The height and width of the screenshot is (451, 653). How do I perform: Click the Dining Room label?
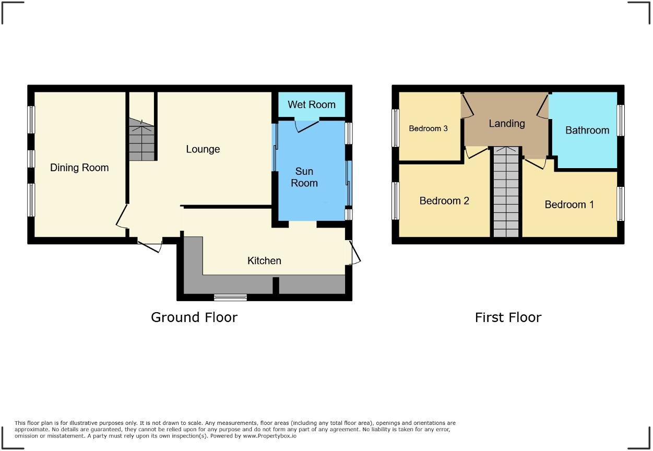[x=79, y=168]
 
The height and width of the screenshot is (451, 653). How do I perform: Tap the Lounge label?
[x=203, y=149]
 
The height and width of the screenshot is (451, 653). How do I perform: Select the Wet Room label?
[x=311, y=104]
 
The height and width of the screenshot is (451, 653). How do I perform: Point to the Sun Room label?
[x=304, y=177]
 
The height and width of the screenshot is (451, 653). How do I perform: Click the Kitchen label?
[x=264, y=260]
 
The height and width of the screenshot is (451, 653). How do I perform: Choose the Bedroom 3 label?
[x=428, y=128]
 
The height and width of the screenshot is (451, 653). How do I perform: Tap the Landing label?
[x=506, y=124]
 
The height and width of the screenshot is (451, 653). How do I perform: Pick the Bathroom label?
[x=587, y=130]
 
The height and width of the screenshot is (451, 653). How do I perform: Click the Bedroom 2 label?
[x=444, y=200]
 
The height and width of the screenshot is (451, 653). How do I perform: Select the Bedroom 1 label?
[x=569, y=205]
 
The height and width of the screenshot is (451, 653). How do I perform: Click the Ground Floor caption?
[x=194, y=317]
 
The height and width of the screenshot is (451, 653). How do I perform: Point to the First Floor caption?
[x=508, y=317]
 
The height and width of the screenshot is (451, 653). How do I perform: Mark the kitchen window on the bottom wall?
[x=230, y=298]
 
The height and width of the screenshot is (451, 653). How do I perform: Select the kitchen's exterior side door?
[x=354, y=253]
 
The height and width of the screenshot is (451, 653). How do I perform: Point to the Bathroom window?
[x=621, y=121]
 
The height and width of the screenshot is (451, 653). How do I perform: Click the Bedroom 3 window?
[x=396, y=128]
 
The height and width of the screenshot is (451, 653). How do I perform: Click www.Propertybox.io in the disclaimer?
[x=269, y=435]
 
